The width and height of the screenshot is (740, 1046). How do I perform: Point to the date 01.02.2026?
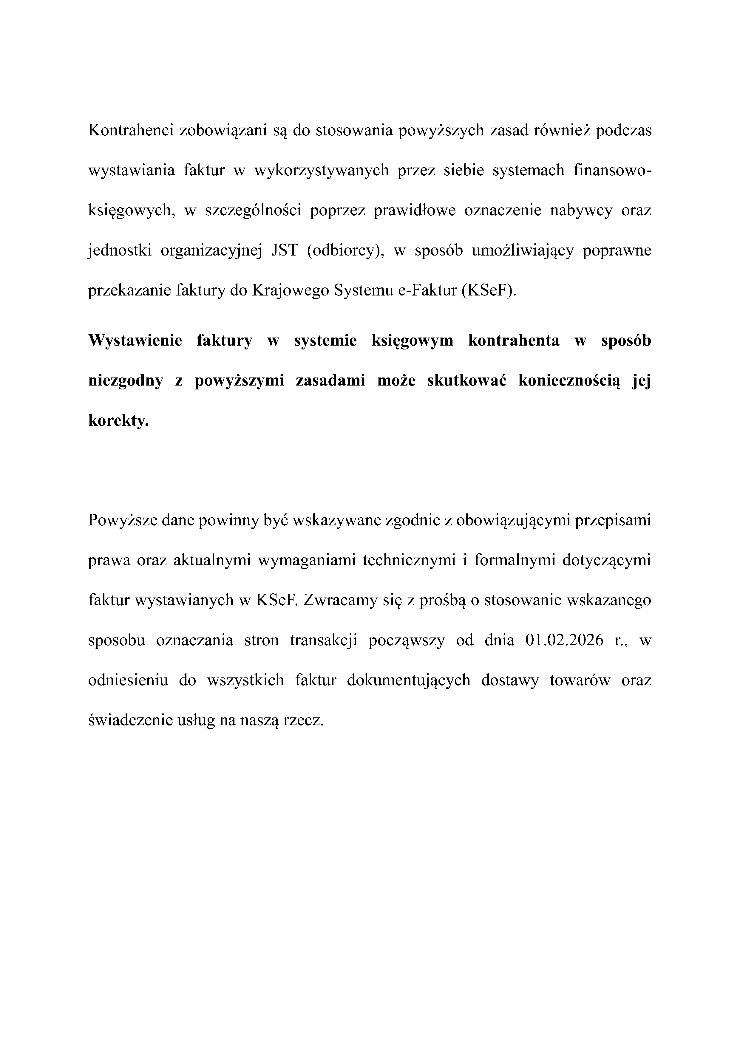(564, 640)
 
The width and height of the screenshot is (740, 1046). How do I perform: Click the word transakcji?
(324, 640)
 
